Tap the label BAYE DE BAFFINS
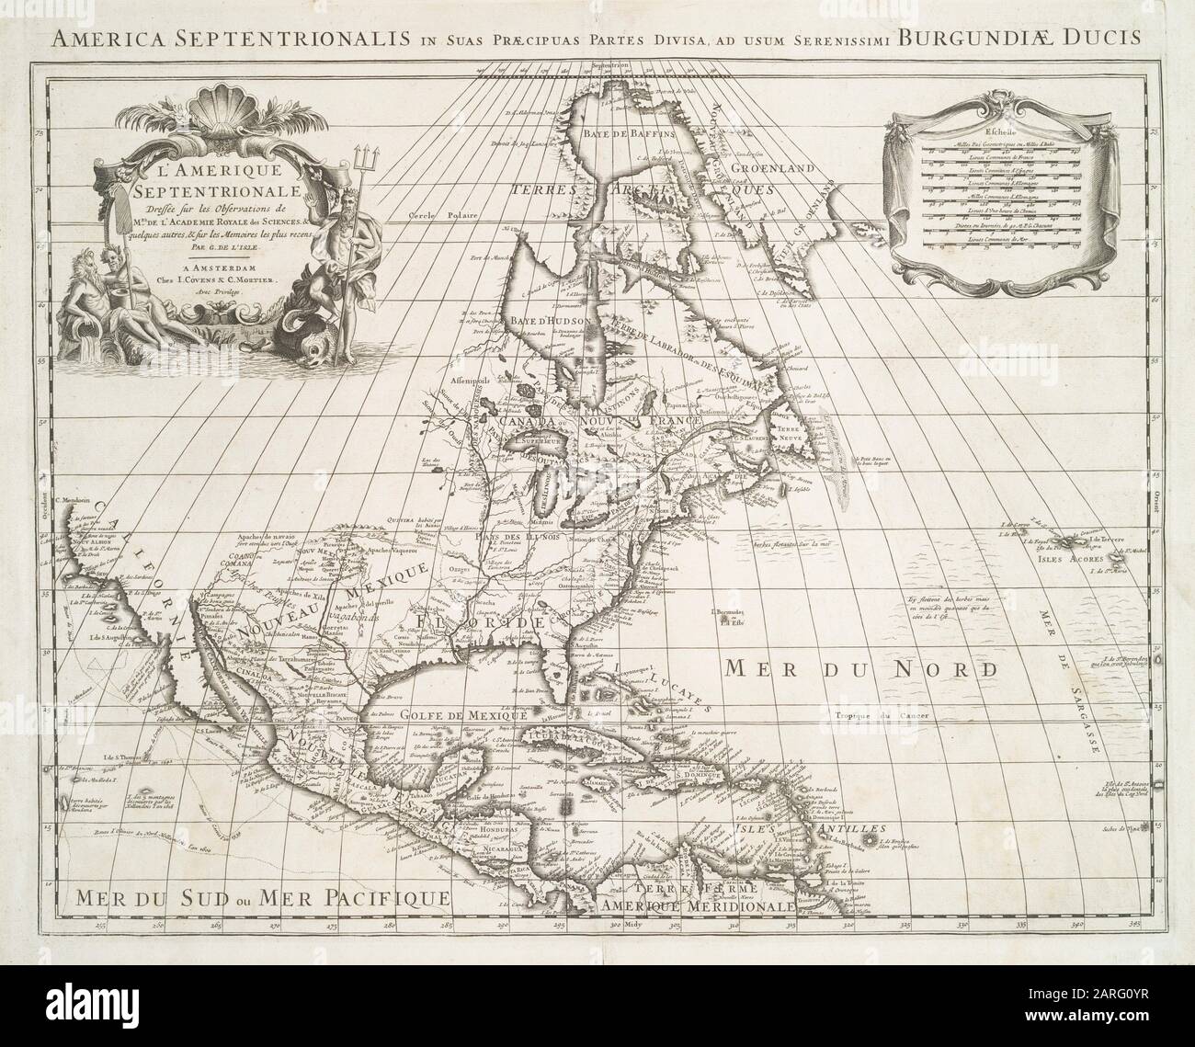tap(628, 132)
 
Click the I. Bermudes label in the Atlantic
tap(733, 613)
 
